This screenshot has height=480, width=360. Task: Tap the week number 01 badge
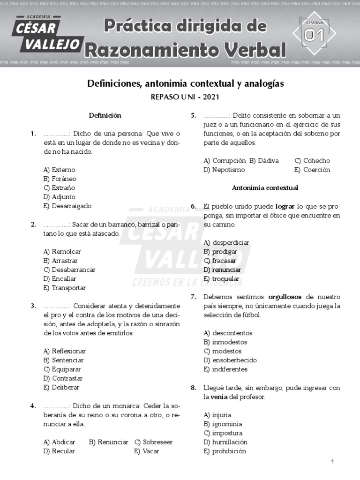point(314,34)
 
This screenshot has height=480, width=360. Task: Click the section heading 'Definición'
point(105,115)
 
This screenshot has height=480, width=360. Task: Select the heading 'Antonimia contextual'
point(265,187)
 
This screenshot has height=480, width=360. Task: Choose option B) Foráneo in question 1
point(60,179)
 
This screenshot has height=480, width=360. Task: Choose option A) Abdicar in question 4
point(59,442)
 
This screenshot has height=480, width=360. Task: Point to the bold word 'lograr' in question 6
point(285,206)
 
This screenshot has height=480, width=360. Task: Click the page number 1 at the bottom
point(332,462)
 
